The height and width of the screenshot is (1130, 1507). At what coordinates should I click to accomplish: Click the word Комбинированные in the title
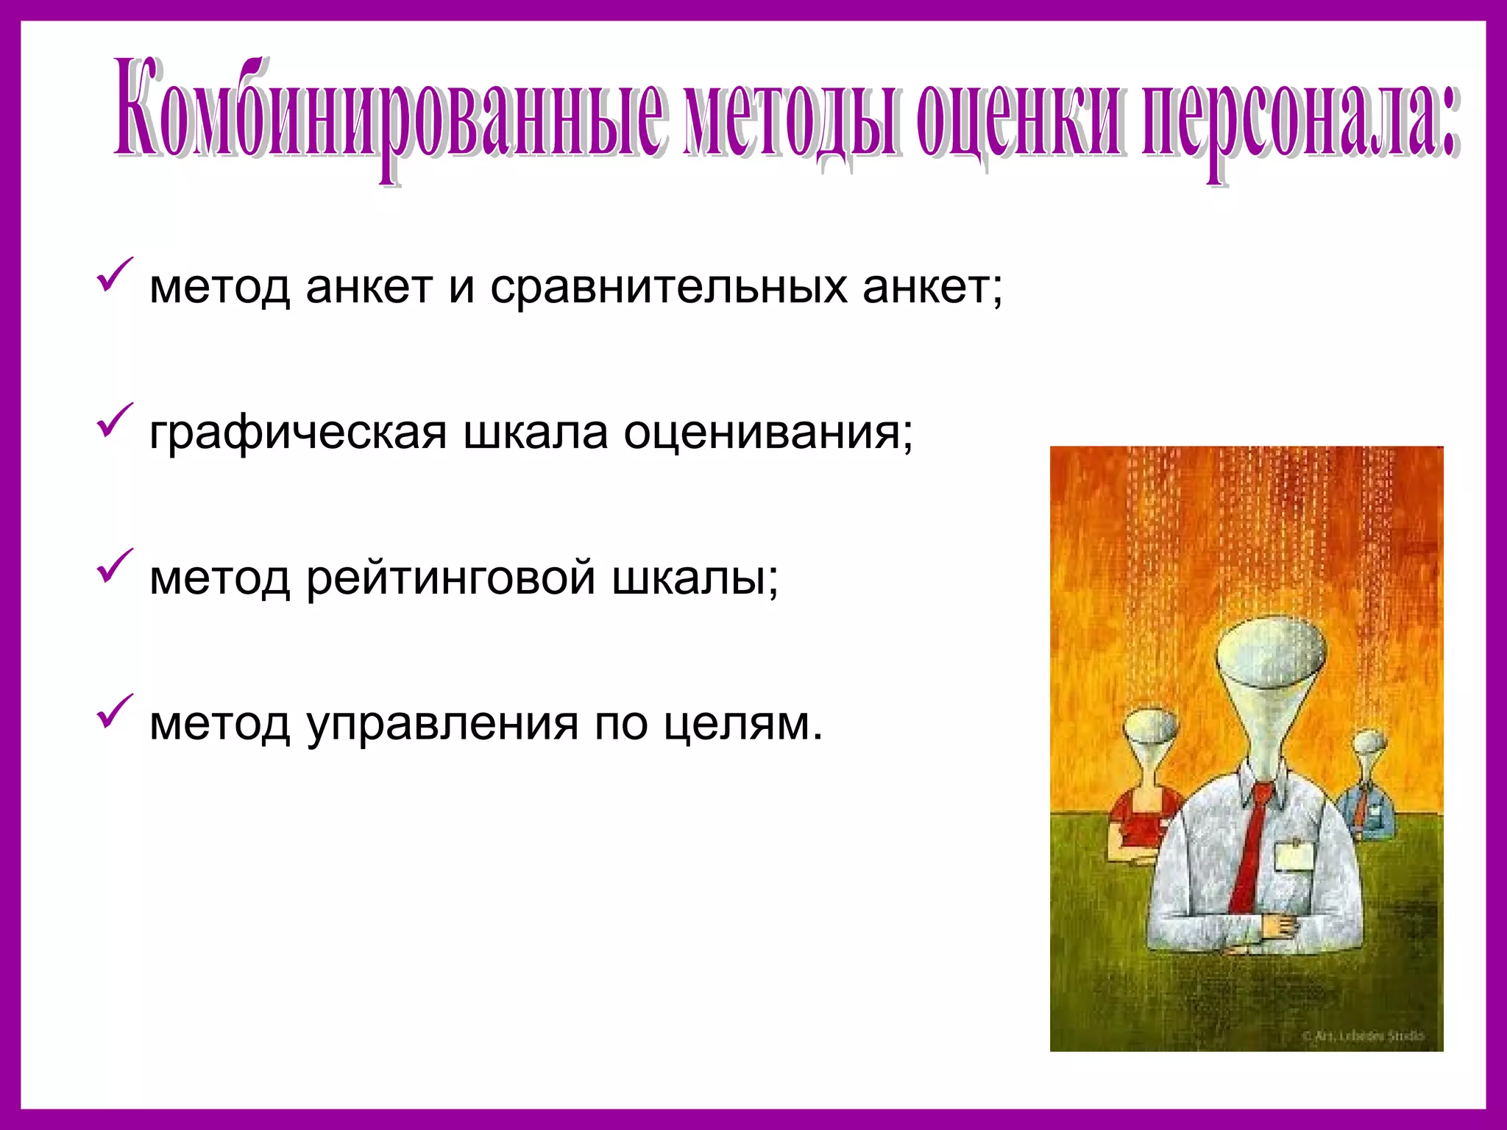[x=390, y=110]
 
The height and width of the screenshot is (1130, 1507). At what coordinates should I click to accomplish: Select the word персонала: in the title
[x=1299, y=110]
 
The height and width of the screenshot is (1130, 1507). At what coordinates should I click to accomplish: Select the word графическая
[x=298, y=433]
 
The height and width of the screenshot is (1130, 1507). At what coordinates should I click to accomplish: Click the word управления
[x=442, y=724]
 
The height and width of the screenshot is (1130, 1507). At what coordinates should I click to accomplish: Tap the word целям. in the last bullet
[x=742, y=724]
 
